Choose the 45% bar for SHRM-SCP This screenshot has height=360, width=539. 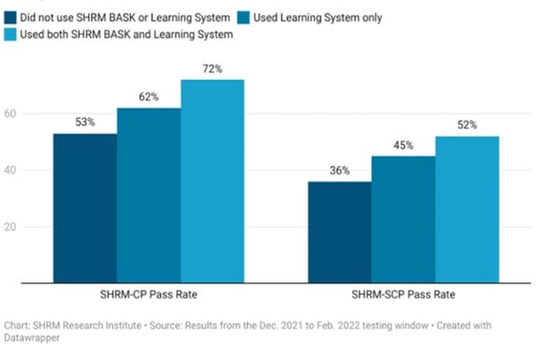tap(403, 219)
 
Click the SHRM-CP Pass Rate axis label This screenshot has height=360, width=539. tap(148, 294)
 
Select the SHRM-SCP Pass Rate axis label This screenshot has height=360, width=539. tap(403, 294)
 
